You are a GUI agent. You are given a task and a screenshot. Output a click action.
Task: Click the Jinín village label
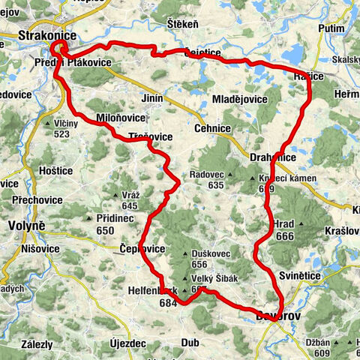(152, 98)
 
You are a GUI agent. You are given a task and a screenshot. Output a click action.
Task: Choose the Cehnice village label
(213, 128)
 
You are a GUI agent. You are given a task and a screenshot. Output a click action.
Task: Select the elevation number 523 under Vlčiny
(61, 133)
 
